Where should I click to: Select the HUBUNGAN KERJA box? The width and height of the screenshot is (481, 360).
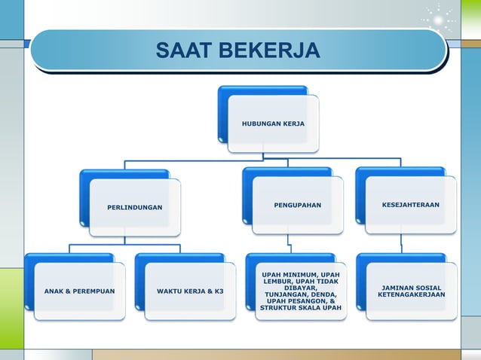273,122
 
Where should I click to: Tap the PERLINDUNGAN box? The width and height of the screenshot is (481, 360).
134,206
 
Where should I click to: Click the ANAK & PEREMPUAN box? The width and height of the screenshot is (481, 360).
79,291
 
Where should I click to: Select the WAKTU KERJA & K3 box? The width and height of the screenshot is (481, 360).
190,291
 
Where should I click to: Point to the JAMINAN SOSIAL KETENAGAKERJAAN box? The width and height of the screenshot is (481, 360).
411,291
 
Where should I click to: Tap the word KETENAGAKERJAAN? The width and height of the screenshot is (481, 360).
411,294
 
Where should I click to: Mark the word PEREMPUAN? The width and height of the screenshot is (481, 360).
98,291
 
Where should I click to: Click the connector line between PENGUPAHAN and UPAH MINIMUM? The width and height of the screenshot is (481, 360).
290,241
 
